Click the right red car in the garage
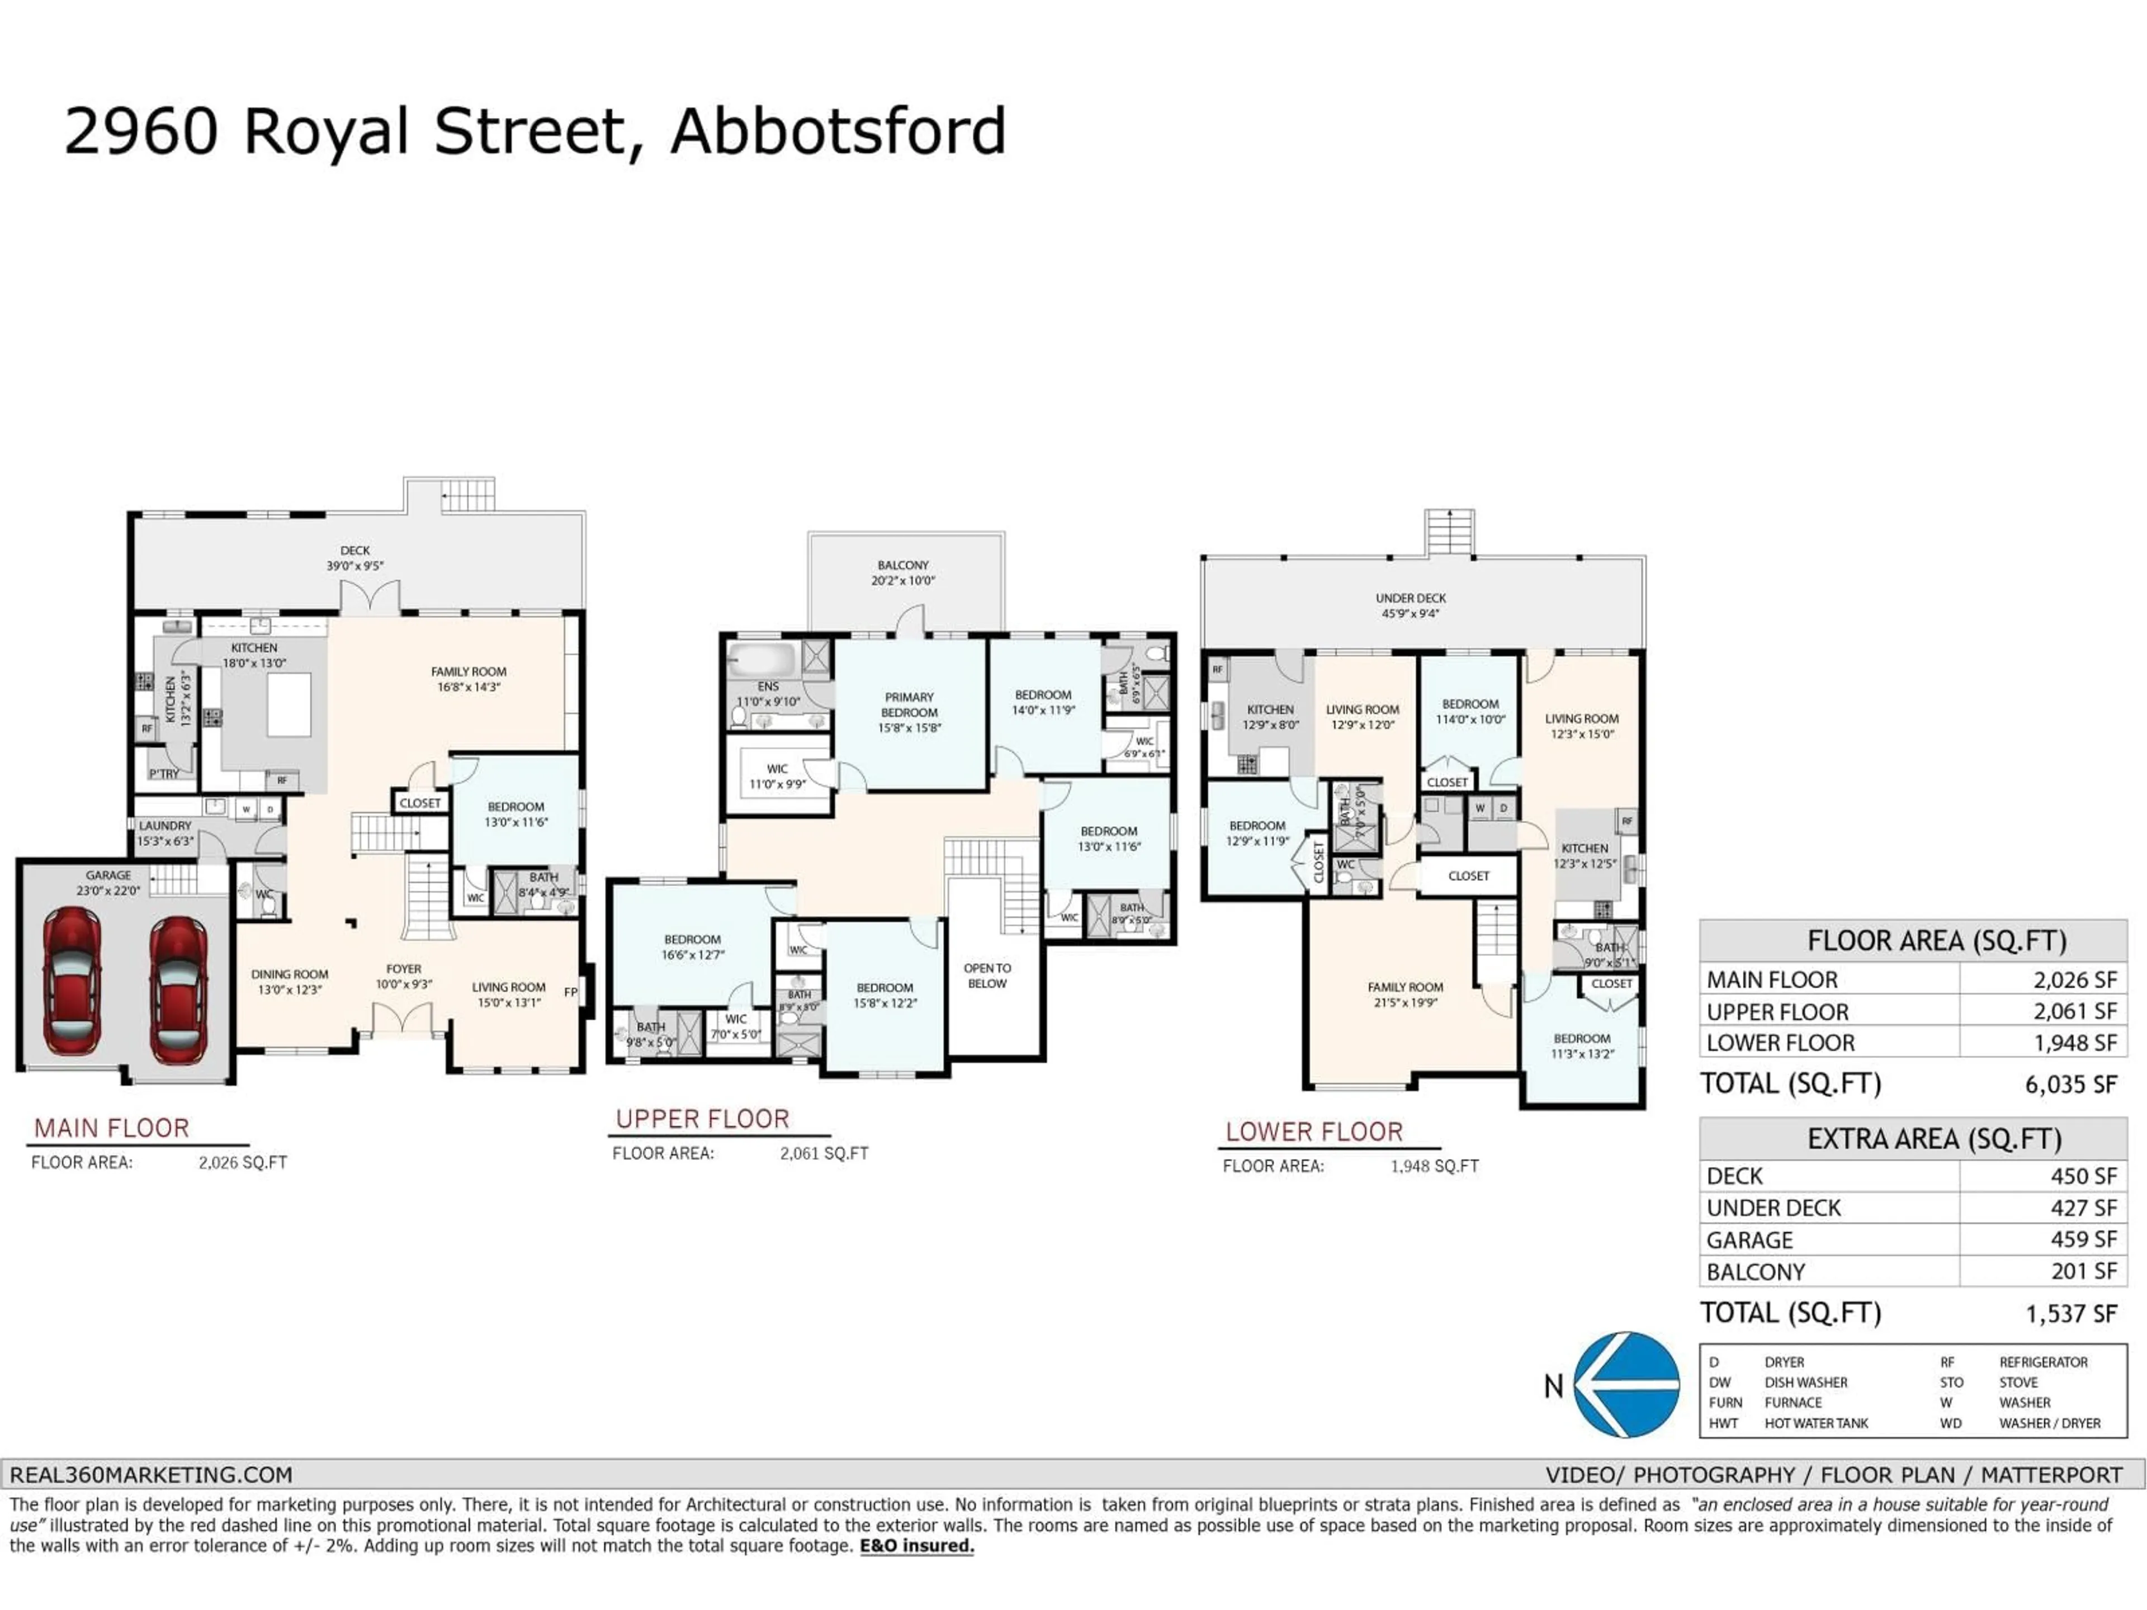point(178,991)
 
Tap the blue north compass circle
point(1627,1385)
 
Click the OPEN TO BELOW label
point(987,976)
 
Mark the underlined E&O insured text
point(916,1546)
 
